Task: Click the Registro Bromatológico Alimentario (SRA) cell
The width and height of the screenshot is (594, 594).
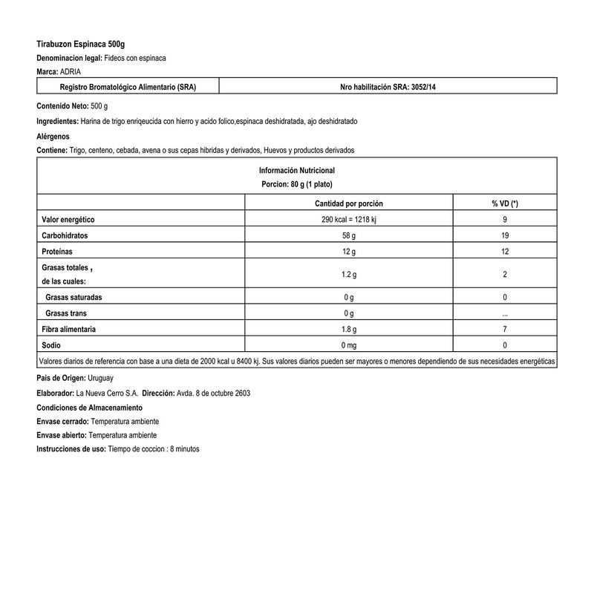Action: click(x=119, y=87)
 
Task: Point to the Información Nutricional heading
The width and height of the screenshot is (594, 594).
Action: click(x=297, y=170)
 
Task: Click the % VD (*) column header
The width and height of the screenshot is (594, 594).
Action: click(x=505, y=203)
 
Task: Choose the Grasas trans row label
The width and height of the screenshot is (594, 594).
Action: click(x=68, y=313)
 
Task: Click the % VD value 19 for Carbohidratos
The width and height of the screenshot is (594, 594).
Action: click(x=505, y=236)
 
